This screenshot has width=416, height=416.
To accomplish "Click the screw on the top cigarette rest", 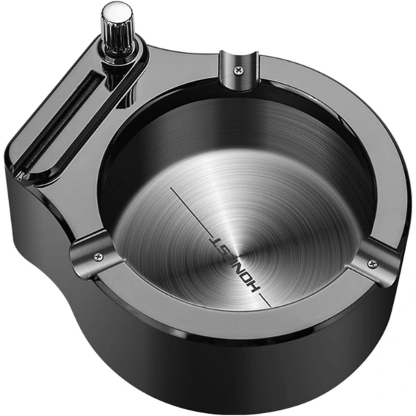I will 239,69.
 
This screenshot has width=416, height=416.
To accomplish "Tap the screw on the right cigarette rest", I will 372,262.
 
